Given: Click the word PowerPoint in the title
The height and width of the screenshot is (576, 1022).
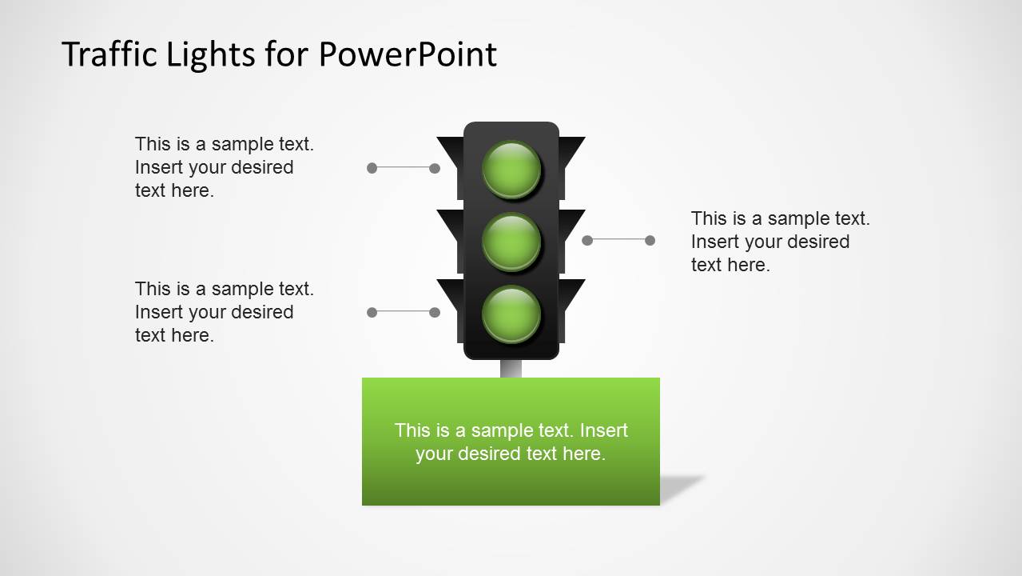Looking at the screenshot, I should click(x=408, y=54).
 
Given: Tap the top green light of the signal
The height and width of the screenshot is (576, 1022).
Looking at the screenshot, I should click(x=511, y=169).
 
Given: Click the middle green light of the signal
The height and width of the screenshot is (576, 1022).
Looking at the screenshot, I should click(x=511, y=241).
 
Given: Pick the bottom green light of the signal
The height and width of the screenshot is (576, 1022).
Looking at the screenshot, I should click(x=511, y=314).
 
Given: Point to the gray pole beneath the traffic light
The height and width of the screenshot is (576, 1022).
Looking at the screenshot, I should click(x=511, y=369).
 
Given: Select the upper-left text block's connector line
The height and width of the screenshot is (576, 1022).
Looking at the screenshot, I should click(x=403, y=167).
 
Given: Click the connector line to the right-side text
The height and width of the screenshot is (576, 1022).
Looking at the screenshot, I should click(x=618, y=239).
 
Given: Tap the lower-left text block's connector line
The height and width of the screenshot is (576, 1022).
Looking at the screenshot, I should click(x=403, y=311).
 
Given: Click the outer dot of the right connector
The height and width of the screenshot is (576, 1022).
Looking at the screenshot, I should click(x=650, y=240).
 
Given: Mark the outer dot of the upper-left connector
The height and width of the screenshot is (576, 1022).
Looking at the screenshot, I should click(x=372, y=168).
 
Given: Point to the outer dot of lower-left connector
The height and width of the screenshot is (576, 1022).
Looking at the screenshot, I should click(x=372, y=312).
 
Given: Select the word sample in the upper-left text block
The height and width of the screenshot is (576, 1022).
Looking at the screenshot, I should click(x=243, y=144).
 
